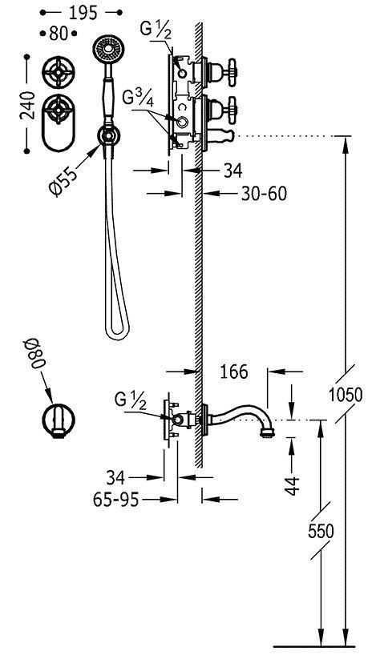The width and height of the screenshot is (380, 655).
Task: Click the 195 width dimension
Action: pyautogui.click(x=83, y=13)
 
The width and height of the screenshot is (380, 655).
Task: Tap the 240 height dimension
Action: pyautogui.click(x=27, y=106)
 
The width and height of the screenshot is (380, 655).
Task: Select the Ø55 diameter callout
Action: pyautogui.click(x=63, y=179)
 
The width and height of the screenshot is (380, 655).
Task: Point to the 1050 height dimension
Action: pyautogui.click(x=346, y=394)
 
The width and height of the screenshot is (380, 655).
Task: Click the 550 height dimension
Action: pyautogui.click(x=321, y=531)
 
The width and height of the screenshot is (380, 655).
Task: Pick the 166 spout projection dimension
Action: pyautogui.click(x=233, y=371)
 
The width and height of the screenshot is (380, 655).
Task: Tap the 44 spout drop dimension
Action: pyautogui.click(x=293, y=484)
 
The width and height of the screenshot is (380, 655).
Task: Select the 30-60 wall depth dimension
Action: pyautogui.click(x=264, y=194)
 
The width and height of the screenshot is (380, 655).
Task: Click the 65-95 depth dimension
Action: pyautogui.click(x=115, y=499)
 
